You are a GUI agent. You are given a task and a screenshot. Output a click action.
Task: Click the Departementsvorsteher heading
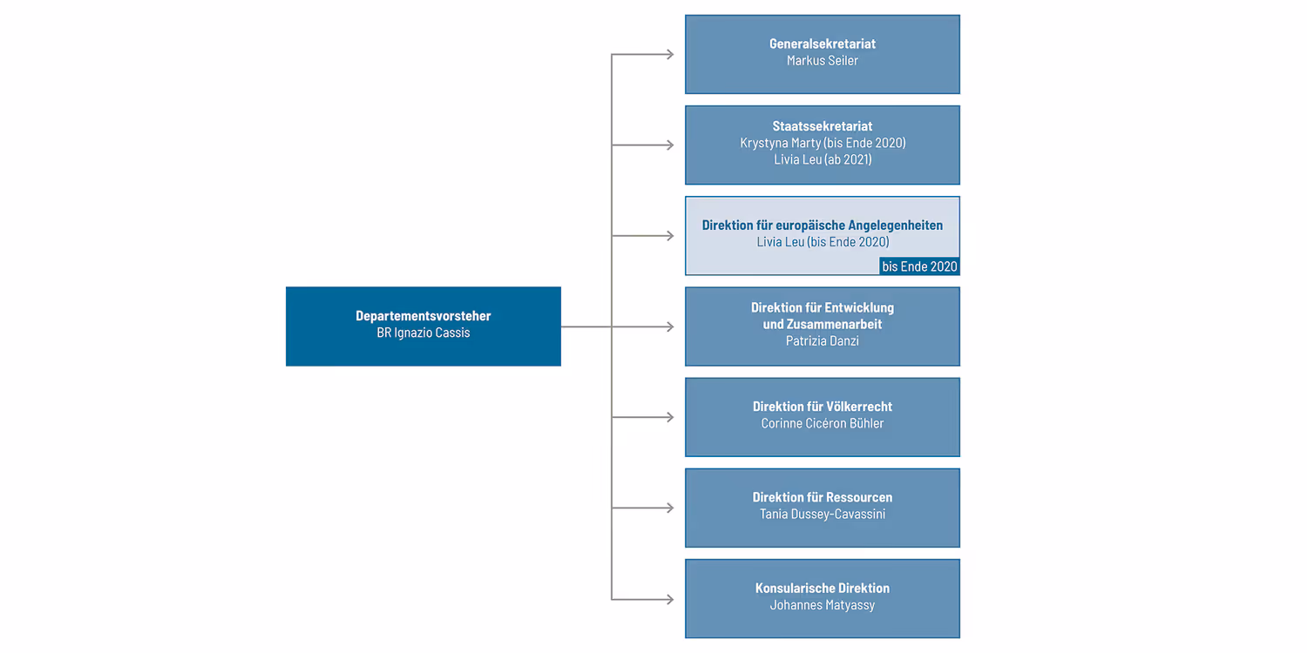tap(423, 316)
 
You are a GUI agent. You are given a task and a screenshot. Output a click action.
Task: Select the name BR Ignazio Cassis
tap(423, 333)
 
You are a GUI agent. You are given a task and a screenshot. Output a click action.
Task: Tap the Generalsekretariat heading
tap(822, 44)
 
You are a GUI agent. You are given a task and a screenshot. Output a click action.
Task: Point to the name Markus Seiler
tap(822, 60)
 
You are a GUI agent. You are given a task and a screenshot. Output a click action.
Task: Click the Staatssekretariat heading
tap(822, 126)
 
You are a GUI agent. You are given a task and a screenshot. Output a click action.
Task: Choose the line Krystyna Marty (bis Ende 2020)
tap(822, 143)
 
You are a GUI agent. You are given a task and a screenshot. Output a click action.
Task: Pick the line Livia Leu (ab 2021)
tap(822, 159)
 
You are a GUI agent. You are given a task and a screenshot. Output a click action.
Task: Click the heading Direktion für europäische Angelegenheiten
tap(822, 226)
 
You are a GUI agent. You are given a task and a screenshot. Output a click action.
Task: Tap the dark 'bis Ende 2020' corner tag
tap(918, 266)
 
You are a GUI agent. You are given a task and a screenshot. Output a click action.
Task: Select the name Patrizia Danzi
tap(822, 340)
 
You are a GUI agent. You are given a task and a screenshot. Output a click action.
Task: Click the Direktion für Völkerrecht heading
tap(822, 407)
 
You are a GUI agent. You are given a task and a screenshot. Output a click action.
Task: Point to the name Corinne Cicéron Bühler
tap(822, 423)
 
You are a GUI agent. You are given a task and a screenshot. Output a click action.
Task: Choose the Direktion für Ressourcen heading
tap(822, 497)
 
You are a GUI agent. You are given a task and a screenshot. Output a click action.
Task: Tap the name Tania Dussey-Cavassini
tap(822, 514)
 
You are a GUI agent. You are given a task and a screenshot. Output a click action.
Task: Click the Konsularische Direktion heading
tap(822, 589)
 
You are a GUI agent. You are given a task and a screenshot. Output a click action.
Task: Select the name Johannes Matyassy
tap(822, 605)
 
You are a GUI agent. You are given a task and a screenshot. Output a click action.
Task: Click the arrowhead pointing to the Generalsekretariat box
tap(669, 55)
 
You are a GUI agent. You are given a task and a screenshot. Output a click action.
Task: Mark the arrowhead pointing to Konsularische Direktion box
tap(669, 599)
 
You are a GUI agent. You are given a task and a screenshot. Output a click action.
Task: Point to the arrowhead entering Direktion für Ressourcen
tap(669, 508)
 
